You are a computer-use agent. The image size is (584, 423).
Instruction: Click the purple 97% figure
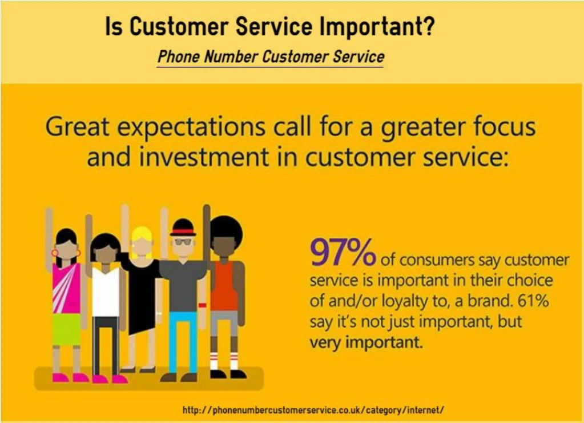343,252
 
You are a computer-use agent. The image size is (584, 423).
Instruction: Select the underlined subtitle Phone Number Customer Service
271,57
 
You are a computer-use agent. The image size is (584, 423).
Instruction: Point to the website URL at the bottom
313,410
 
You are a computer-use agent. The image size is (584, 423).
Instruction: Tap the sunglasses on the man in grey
183,242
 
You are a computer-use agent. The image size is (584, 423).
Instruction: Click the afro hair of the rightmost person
226,232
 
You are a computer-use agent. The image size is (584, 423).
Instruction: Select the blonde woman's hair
142,242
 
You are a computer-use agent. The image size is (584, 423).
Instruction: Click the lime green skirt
66,329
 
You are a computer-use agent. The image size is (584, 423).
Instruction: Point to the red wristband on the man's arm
202,305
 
